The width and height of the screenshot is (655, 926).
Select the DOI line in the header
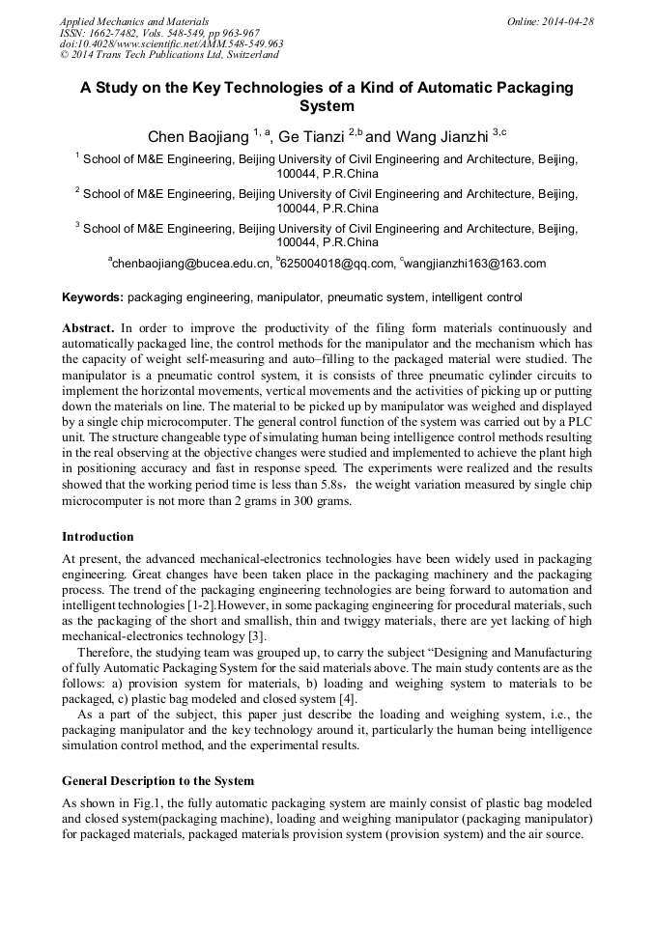[171, 43]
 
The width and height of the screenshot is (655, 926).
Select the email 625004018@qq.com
[337, 264]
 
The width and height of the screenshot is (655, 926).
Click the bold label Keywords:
[93, 297]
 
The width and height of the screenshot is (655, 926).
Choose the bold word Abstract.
[89, 328]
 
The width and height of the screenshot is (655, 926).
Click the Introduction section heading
[98, 536]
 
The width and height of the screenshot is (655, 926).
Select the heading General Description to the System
[157, 780]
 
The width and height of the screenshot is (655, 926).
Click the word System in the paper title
[327, 106]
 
